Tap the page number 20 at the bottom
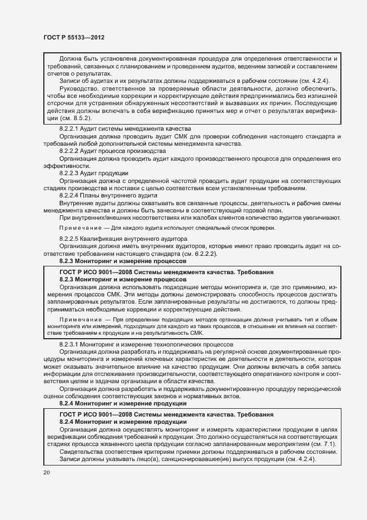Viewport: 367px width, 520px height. point(46,472)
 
